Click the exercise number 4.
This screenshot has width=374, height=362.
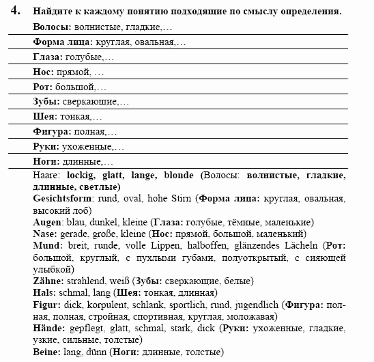pyautogui.click(x=18, y=12)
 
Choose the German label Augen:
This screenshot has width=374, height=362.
pyautogui.click(x=48, y=222)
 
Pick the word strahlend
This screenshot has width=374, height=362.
pyautogui.click(x=87, y=280)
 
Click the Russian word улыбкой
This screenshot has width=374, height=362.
pyautogui.click(x=54, y=269)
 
